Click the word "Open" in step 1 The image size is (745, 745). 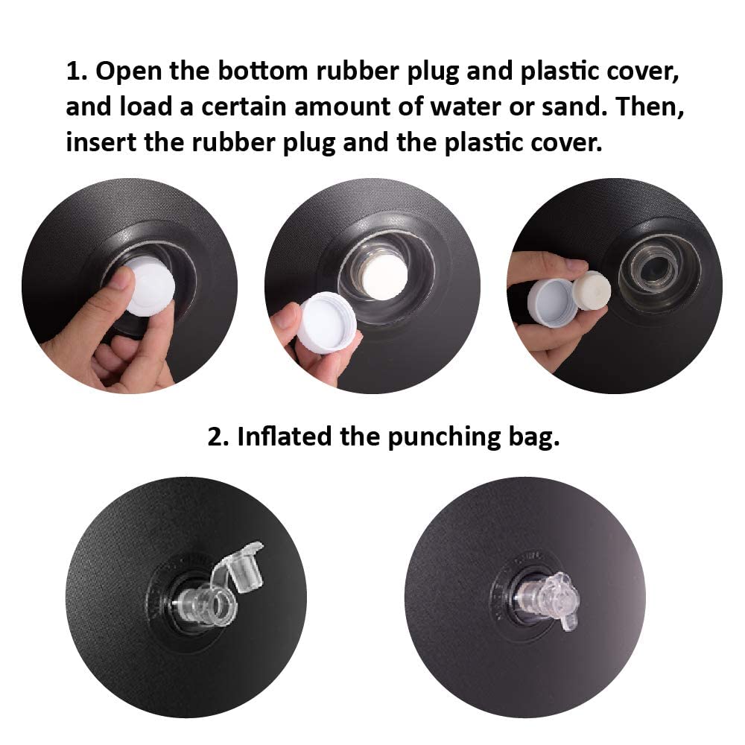(x=128, y=72)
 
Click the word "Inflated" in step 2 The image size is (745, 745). (x=285, y=436)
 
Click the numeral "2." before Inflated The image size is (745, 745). (x=218, y=437)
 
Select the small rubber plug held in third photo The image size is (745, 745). (x=592, y=291)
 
